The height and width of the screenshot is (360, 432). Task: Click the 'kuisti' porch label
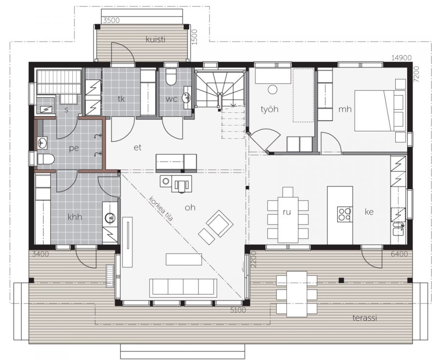(x=155, y=40)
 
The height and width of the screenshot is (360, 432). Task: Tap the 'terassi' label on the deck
(x=364, y=318)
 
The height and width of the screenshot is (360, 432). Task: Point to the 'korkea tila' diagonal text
(x=161, y=209)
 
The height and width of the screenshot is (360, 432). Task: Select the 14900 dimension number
(x=401, y=58)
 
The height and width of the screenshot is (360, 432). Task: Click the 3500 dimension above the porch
(x=111, y=20)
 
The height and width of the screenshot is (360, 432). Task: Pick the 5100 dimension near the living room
(x=238, y=310)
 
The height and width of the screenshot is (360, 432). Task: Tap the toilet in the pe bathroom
(x=46, y=160)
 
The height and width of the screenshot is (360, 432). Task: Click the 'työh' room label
(x=269, y=109)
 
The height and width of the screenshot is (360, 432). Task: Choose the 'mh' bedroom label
(x=345, y=109)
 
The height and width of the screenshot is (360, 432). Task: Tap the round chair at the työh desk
(x=273, y=90)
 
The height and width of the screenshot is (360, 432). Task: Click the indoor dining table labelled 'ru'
(x=288, y=219)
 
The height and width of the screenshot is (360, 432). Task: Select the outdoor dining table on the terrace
(x=297, y=294)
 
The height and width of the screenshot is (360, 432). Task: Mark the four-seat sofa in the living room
(x=183, y=288)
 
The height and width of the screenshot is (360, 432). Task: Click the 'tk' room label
(x=121, y=99)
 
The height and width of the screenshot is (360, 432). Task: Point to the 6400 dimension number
(x=399, y=254)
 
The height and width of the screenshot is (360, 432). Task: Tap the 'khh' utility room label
(x=75, y=217)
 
